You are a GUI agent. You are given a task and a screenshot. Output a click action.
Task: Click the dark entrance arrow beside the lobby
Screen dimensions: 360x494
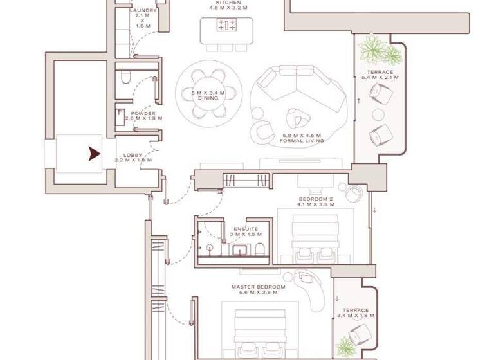(x=94, y=154)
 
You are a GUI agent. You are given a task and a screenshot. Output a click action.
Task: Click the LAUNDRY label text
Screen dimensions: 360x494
(x=143, y=11)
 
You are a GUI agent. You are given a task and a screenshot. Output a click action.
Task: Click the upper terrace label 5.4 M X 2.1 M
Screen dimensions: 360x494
(x=380, y=77)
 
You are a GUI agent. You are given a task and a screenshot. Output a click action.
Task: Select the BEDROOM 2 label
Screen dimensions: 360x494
(x=315, y=201)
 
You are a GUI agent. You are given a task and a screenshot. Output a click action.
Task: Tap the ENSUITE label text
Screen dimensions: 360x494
(x=245, y=229)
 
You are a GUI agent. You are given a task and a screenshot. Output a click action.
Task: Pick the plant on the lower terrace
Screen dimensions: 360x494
(x=345, y=346)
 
